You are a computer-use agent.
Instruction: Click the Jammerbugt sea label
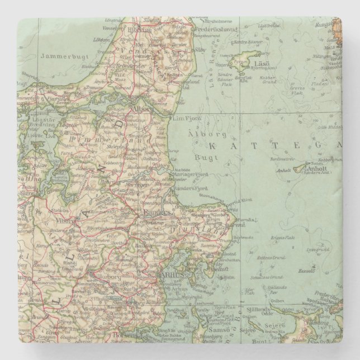pos(61,55)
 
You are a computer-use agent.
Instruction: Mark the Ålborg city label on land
pos(141,110)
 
